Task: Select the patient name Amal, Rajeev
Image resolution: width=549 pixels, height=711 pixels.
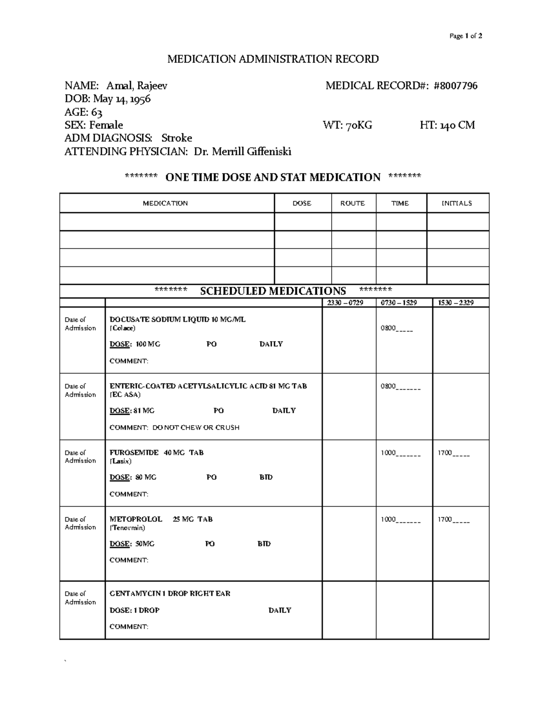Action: (137, 86)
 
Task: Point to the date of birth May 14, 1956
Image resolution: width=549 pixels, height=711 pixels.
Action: (122, 99)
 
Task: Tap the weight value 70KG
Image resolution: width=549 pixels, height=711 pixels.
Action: (359, 125)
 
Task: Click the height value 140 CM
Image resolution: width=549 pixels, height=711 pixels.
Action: (457, 125)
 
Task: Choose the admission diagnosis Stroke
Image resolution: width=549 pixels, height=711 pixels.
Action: (177, 138)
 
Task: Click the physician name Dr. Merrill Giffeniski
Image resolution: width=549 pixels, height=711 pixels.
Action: (242, 152)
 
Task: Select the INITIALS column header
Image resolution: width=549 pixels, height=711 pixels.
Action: (457, 203)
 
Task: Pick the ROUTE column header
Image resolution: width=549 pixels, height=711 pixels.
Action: (353, 203)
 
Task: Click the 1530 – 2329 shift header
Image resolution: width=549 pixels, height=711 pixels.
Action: (456, 303)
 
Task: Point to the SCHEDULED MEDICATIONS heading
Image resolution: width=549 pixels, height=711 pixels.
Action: (273, 291)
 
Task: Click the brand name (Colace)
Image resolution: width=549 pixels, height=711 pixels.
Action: (123, 328)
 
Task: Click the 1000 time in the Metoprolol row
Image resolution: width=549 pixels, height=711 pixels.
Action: (388, 519)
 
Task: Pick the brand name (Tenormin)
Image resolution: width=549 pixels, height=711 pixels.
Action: (127, 528)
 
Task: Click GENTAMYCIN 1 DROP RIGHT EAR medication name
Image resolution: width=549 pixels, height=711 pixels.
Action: (170, 593)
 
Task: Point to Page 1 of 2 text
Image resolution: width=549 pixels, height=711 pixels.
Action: (466, 36)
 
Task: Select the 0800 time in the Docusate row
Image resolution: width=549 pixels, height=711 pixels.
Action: (388, 328)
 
